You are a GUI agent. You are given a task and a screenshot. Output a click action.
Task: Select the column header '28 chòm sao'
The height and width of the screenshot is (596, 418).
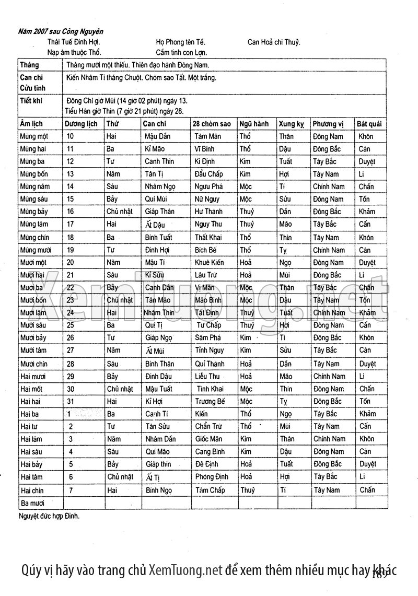pos(212,124)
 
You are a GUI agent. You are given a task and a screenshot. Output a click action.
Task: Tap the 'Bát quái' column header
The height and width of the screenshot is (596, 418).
pos(369,124)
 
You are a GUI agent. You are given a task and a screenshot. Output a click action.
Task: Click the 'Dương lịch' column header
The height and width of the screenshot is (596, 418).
pos(81,124)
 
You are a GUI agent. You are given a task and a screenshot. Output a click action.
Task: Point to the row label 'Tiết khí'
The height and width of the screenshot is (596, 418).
pos(30,100)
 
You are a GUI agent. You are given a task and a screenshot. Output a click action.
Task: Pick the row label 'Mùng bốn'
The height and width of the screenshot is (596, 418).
pos(34,174)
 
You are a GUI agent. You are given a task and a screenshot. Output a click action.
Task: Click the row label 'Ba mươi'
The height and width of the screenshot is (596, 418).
pos(32,503)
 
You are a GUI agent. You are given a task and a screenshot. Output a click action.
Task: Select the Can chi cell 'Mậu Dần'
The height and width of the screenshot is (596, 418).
pos(157,136)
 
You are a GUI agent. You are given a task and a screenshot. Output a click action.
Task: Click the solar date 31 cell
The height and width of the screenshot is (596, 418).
pos(70,401)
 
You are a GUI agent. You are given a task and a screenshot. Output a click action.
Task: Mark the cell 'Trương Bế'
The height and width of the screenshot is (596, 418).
pos(210,401)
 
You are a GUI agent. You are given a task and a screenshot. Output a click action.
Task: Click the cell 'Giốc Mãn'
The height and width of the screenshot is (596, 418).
pos(208,439)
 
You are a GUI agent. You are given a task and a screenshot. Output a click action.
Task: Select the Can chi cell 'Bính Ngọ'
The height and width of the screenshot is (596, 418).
pos(159,490)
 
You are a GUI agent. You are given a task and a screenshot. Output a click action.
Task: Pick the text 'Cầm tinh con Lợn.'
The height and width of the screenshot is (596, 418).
pos(181,52)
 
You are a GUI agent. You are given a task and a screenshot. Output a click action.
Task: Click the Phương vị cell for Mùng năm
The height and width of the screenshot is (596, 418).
pos(329,186)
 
